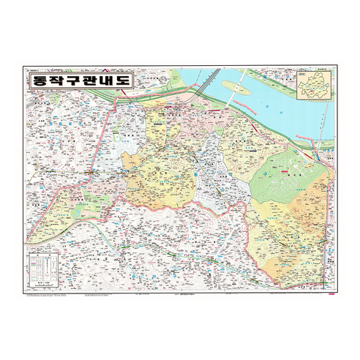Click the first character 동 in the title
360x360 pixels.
(x=37, y=80)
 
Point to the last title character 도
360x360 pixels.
(x=122, y=80)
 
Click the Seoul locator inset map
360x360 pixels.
(x=314, y=85)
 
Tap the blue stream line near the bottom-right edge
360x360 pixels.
(x=326, y=271)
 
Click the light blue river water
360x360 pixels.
(x=278, y=110)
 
